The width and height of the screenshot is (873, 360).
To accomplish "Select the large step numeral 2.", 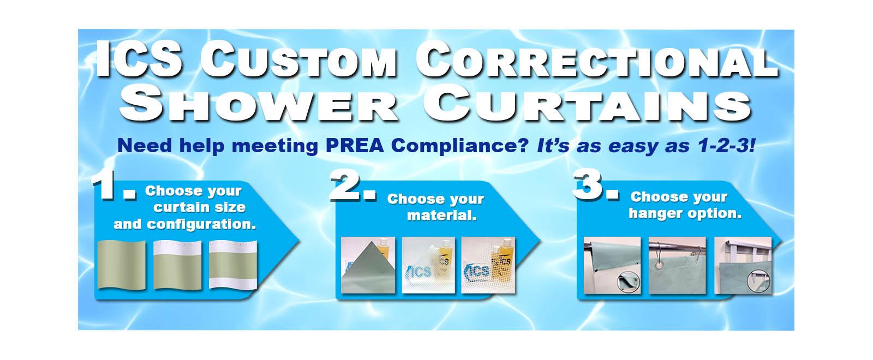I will (x=353, y=189).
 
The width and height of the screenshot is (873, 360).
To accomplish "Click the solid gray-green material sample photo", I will (x=368, y=265).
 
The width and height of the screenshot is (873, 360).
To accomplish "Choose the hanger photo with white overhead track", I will (x=743, y=265).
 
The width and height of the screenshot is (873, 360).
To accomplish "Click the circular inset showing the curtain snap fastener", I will (x=624, y=283).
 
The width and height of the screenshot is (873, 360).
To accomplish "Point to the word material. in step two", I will (x=442, y=215).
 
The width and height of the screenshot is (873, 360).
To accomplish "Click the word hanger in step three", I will (x=652, y=213).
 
